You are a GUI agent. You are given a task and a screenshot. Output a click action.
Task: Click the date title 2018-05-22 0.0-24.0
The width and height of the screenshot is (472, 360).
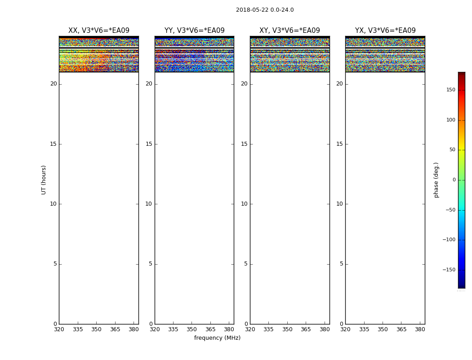[265, 10]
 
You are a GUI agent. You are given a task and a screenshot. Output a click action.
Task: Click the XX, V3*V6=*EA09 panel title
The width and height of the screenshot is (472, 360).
[99, 31]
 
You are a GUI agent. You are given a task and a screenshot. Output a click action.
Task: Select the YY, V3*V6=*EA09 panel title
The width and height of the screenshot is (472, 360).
[194, 31]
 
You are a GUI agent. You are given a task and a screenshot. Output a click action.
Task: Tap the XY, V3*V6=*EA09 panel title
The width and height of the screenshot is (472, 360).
[289, 31]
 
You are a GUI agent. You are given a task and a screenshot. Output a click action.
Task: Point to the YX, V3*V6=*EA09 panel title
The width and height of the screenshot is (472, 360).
[385, 31]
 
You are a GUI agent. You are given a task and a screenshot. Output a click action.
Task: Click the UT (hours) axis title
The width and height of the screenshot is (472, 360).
[44, 180]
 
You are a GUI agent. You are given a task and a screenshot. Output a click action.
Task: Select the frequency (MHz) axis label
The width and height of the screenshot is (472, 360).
[217, 338]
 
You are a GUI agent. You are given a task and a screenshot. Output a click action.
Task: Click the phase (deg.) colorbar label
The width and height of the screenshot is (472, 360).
[436, 180]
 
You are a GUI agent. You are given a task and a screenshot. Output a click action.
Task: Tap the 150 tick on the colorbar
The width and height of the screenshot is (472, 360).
[450, 90]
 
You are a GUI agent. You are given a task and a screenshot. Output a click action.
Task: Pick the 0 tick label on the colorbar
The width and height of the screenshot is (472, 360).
[454, 180]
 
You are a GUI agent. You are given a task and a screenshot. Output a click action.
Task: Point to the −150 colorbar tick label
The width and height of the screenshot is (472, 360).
[449, 270]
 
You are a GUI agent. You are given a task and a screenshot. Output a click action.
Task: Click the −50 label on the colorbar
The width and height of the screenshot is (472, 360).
[450, 210]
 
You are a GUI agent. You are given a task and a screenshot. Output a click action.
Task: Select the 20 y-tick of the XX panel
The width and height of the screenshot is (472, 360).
[53, 84]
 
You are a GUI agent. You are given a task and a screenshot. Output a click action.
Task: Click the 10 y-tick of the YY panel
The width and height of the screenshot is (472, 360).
[148, 204]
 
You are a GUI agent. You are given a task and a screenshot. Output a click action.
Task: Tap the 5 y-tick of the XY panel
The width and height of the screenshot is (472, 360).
[245, 264]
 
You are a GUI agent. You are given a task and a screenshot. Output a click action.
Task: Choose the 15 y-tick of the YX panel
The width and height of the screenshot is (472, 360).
[339, 144]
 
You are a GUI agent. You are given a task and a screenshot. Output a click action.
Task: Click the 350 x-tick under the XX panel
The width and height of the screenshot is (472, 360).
[96, 329]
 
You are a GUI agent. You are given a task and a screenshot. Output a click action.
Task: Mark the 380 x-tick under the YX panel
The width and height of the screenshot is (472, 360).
[420, 329]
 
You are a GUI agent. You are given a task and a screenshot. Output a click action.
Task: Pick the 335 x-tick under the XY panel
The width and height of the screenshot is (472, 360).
[268, 329]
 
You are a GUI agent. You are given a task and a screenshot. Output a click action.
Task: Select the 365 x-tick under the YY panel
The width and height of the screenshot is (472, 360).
[210, 329]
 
